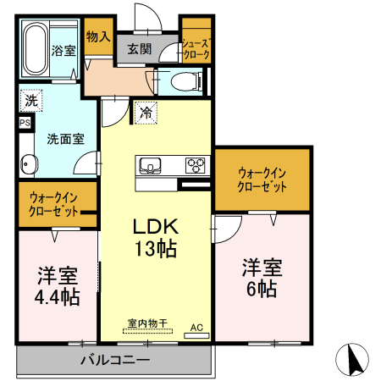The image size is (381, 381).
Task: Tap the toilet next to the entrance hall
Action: pyautogui.click(x=185, y=81)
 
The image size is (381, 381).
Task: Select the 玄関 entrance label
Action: pyautogui.click(x=140, y=49)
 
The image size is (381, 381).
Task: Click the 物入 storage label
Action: pyautogui.click(x=99, y=36)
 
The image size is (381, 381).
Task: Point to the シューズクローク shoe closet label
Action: pyautogui.click(x=196, y=47)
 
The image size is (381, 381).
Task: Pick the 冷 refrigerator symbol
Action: pyautogui.click(x=146, y=111)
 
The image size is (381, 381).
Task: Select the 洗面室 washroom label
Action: pyautogui.click(x=64, y=138)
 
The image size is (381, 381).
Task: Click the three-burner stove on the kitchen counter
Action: pyautogui.click(x=196, y=165)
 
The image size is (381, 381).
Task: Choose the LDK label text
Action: pyautogui.click(x=153, y=227)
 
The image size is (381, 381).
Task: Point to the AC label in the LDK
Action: pyautogui.click(x=196, y=326)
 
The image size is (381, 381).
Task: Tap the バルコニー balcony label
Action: pyautogui.click(x=115, y=360)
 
